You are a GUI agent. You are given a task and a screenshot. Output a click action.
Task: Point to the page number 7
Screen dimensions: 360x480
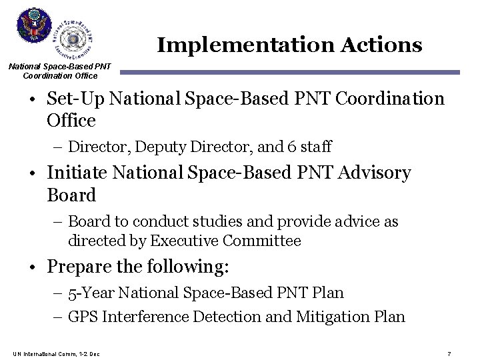click(449, 353)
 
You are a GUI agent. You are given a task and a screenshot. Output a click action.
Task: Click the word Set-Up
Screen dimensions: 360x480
click(76, 99)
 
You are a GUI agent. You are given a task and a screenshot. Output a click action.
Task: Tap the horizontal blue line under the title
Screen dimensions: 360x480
click(289, 72)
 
